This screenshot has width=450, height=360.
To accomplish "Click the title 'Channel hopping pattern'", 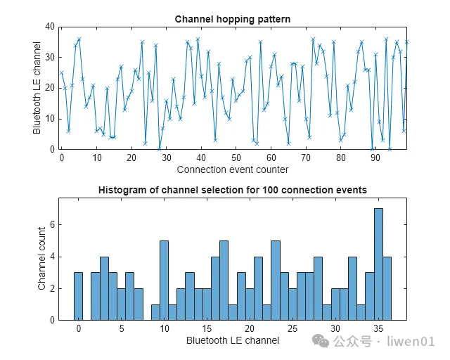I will click(x=232, y=19).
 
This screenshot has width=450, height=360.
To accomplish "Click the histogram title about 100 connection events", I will click(x=232, y=190).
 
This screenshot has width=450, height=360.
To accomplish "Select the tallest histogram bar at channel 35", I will click(x=378, y=264).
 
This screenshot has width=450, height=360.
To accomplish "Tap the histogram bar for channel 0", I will click(x=78, y=296).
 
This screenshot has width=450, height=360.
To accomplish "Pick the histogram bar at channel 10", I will click(x=164, y=281).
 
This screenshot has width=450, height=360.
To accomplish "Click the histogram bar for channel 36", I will click(x=387, y=288).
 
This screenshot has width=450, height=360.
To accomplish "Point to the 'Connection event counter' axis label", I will click(x=232, y=169).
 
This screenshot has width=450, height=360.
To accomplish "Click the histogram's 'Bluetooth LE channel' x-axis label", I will click(x=232, y=340).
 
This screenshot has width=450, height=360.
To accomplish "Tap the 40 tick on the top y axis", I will click(x=50, y=27).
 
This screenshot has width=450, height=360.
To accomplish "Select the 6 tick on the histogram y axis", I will click(x=51, y=225).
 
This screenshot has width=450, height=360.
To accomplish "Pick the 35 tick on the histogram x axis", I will click(x=378, y=328).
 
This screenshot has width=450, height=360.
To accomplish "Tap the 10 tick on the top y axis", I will click(x=50, y=118).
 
